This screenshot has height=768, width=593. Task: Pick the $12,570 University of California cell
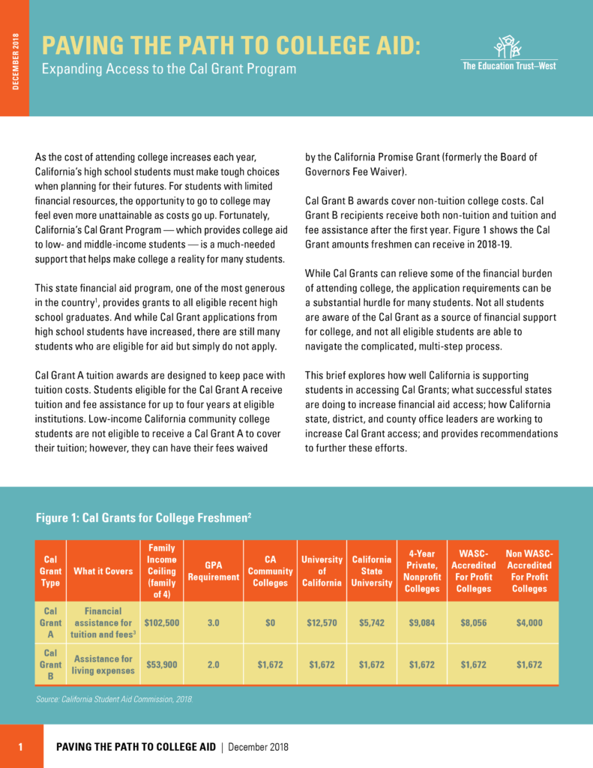click(x=322, y=622)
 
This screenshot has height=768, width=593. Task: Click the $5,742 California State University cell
click(x=372, y=622)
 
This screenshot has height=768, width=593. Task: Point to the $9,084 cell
click(x=422, y=622)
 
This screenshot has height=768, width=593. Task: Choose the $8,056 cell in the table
click(x=473, y=622)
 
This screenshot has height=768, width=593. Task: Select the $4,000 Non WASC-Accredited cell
click(x=529, y=622)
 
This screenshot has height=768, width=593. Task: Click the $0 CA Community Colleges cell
click(x=271, y=622)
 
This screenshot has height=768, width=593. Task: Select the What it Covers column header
click(x=103, y=571)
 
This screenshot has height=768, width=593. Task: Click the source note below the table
click(x=114, y=699)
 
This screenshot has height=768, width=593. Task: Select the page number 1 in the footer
click(x=21, y=747)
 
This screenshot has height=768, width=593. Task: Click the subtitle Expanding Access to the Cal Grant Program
click(x=169, y=70)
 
